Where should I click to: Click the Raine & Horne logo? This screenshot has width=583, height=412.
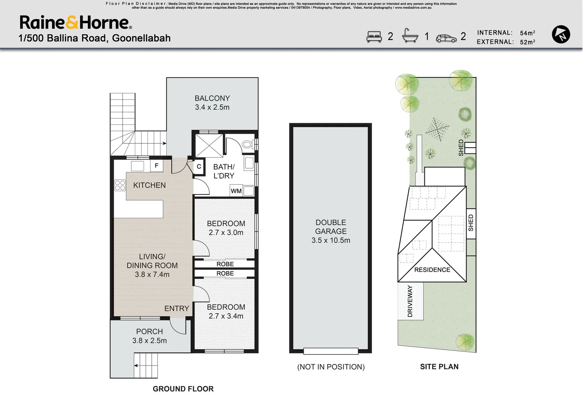(76, 23)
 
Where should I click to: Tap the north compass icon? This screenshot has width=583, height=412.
(561, 34)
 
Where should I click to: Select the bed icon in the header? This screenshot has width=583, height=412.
(374, 37)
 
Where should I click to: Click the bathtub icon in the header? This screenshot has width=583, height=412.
(410, 36)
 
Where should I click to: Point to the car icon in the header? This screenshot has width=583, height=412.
(446, 38)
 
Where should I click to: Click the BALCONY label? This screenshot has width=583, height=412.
(212, 98)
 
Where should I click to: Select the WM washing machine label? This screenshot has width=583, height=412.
(236, 191)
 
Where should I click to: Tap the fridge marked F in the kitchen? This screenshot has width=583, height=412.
(157, 166)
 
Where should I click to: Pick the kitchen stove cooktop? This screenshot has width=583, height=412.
(120, 185)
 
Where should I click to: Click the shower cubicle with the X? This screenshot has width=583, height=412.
(209, 145)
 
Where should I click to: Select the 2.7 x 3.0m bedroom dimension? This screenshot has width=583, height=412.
(226, 233)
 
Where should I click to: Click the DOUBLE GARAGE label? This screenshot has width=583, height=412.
(330, 227)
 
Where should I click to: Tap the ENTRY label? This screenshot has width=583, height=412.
(177, 309)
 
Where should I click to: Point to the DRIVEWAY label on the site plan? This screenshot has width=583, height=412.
(410, 301)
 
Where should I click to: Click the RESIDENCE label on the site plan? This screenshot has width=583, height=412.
(432, 270)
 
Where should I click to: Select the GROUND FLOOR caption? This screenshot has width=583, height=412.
(183, 389)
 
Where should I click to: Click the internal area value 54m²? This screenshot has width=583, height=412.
(527, 33)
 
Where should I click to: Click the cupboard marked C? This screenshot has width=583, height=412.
(199, 167)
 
